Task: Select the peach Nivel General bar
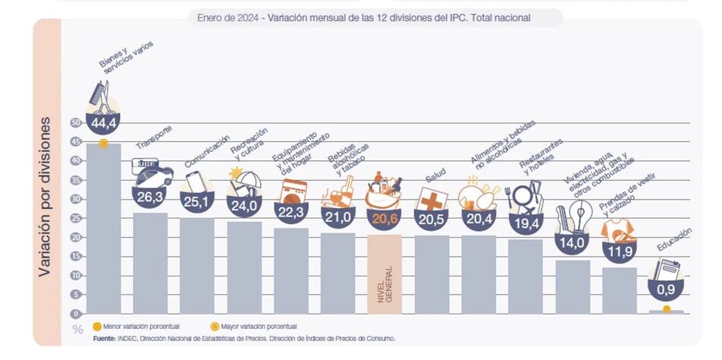(384, 273)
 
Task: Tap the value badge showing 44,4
(103, 122)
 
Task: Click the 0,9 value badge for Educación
(666, 289)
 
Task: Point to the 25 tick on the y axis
(74, 218)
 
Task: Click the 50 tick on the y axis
(74, 122)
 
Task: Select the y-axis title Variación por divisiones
(45, 205)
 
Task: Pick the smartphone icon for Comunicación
(195, 183)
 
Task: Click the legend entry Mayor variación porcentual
(255, 327)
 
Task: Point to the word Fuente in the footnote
(106, 338)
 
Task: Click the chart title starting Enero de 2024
(363, 17)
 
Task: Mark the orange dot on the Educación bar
(667, 309)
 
